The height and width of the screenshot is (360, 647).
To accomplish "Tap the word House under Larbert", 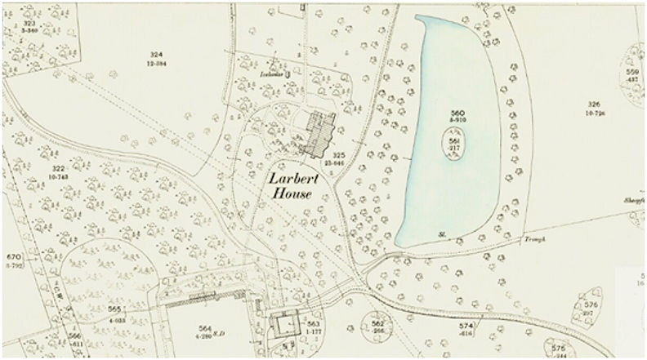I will pos(294,191).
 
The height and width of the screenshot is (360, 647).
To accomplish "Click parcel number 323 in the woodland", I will pos(32,25).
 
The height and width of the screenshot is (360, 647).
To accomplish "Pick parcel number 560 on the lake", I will pos(457,112).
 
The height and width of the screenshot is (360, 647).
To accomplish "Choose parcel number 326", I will pos(594,104).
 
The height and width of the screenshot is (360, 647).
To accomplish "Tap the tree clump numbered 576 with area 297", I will pos(591,305).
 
